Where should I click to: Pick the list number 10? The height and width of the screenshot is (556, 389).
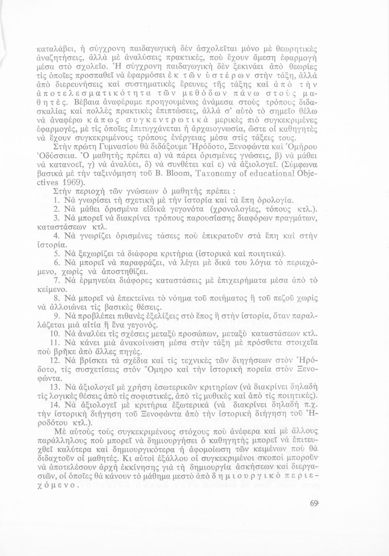(x=57, y=334)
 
